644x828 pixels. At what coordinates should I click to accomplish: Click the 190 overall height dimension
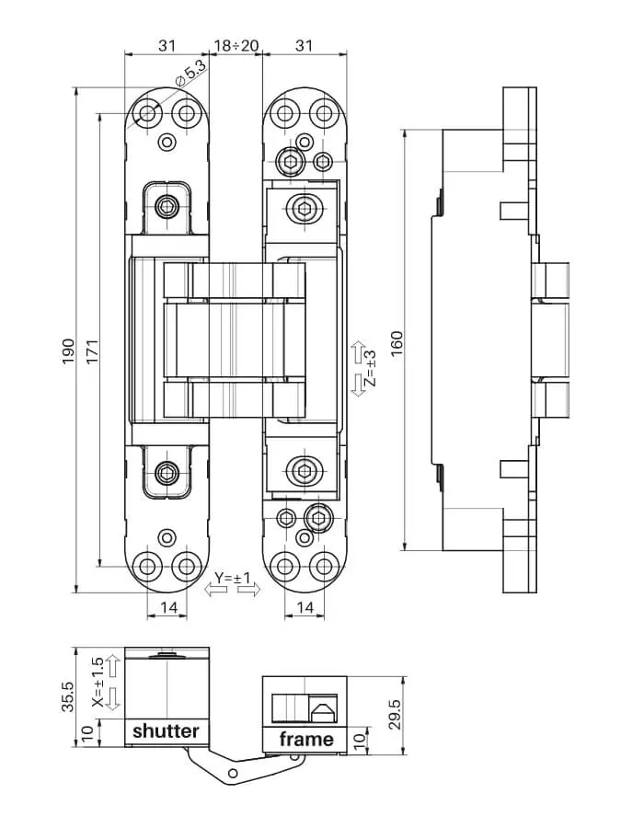(68, 351)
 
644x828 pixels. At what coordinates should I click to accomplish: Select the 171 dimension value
(92, 351)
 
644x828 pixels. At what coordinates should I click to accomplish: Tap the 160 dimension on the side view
(397, 343)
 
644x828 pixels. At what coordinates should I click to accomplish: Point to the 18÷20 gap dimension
(236, 45)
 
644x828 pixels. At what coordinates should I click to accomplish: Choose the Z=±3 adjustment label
(371, 368)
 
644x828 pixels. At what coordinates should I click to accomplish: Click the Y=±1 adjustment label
(232, 578)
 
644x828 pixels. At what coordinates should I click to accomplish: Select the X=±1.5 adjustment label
(98, 682)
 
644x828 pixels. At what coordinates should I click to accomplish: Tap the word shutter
(166, 731)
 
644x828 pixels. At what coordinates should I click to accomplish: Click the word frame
(306, 739)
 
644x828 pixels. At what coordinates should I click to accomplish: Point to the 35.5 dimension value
(68, 696)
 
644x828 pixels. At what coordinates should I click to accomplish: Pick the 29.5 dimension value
(396, 714)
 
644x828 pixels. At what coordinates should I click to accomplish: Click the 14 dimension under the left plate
(169, 607)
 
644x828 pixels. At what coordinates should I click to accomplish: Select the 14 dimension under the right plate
(305, 607)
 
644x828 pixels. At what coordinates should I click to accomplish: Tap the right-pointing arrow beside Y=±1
(249, 590)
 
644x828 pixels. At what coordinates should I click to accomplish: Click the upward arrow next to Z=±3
(359, 352)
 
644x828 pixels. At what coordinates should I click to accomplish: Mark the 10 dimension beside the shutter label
(87, 733)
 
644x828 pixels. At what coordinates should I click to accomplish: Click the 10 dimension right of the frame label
(360, 741)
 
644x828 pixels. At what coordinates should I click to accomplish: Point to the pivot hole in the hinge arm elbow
(234, 774)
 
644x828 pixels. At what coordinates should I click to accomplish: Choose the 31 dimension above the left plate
(167, 45)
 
